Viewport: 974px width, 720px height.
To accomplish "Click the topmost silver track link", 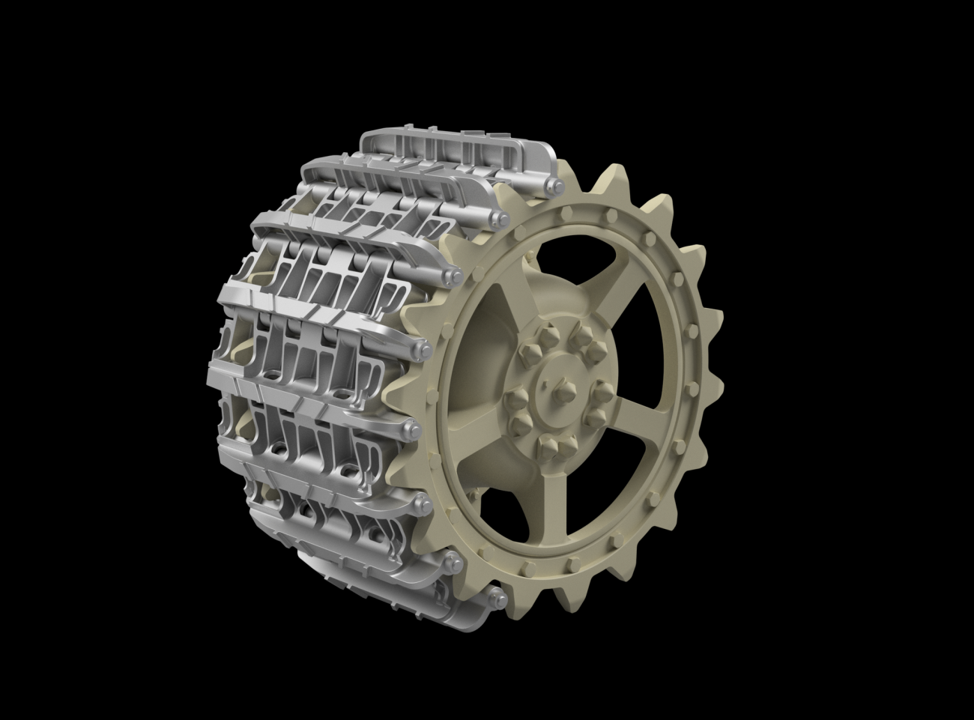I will coord(457,154).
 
